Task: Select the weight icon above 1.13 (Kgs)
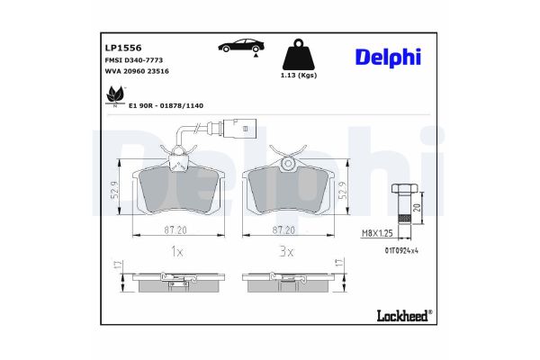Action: coord(297,53)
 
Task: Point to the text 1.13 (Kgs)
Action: coord(297,76)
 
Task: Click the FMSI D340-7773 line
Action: coord(129,59)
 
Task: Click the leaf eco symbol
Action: coord(114,94)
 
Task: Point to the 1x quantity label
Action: coord(177,253)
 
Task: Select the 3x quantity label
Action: coord(286,253)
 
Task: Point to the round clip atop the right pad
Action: coord(287,163)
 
